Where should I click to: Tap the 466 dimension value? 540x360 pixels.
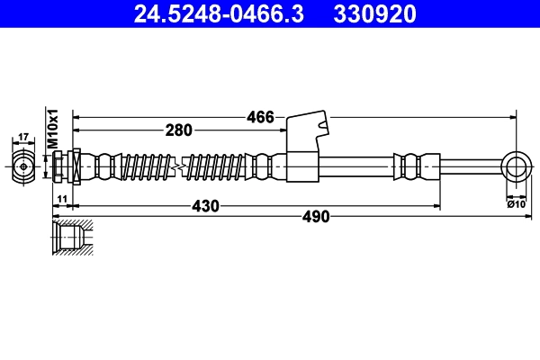click(x=258, y=116)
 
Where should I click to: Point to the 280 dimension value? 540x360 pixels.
click(x=178, y=130)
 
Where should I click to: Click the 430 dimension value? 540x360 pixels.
click(x=205, y=206)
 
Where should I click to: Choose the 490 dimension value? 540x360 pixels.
click(x=315, y=216)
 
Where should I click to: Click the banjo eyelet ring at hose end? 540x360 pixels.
click(x=516, y=166)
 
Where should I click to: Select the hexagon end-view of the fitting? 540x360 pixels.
click(x=24, y=166)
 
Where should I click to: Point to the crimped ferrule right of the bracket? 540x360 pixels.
click(x=412, y=166)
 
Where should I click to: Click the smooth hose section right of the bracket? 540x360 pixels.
click(x=355, y=166)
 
